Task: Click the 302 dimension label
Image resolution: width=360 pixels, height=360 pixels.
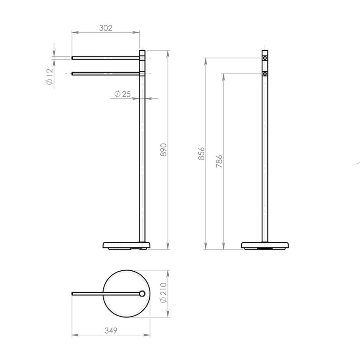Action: [x=106, y=28]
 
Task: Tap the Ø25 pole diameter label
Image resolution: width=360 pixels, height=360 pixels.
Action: [x=122, y=94]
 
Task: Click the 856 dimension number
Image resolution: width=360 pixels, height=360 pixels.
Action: [x=202, y=153]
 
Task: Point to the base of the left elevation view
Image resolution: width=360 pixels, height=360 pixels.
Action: [x=126, y=245]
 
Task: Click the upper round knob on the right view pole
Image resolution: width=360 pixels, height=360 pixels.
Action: [x=265, y=58]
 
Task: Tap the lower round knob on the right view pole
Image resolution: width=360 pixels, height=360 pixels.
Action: [x=265, y=74]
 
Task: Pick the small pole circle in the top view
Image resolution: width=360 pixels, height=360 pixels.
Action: [x=142, y=294]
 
